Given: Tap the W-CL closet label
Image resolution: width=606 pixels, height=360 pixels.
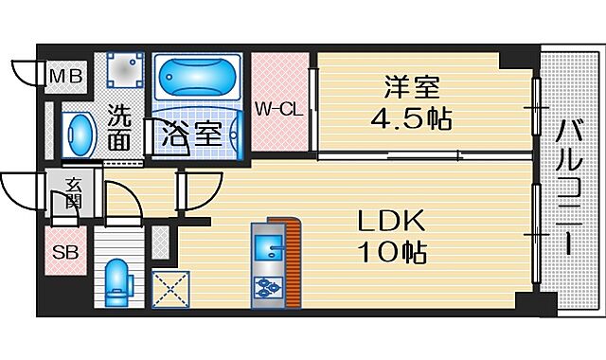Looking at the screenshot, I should click(x=278, y=108).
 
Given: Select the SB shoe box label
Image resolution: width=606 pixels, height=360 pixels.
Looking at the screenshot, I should click(x=64, y=252).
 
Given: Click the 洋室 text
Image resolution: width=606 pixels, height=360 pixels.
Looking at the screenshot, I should click(x=410, y=89).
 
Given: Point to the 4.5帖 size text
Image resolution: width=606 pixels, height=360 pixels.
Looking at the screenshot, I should click(x=411, y=119).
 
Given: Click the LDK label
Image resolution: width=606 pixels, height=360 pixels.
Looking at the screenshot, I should click(x=390, y=223).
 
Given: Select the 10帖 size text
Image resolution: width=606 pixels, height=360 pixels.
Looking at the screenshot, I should click(x=390, y=253).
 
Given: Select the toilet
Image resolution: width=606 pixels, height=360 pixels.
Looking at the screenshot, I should click(x=117, y=279).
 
